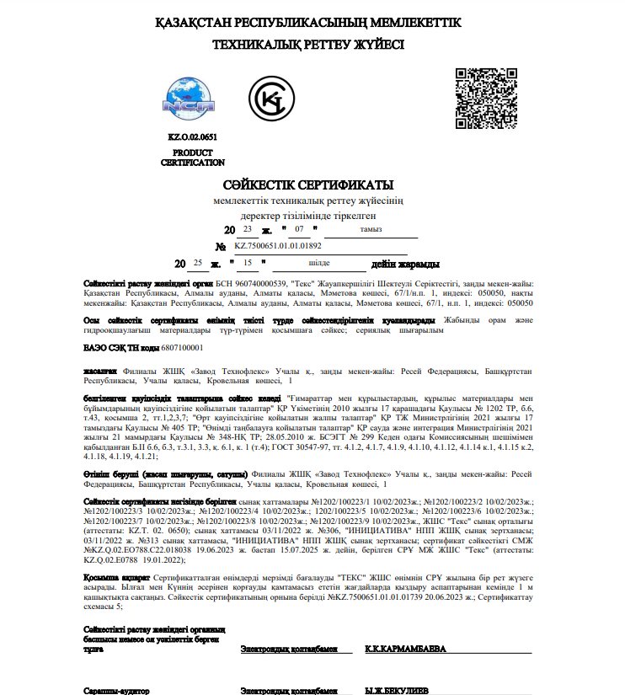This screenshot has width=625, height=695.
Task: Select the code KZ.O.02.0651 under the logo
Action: [x=192, y=136]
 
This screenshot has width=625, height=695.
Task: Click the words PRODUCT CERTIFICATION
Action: [x=193, y=158]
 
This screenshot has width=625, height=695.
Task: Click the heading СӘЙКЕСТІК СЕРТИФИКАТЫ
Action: [x=308, y=184]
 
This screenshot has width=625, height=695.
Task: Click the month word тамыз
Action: [x=371, y=229]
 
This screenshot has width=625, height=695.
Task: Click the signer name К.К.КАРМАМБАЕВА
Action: [x=403, y=650]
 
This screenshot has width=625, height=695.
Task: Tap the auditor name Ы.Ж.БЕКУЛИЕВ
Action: [x=396, y=690]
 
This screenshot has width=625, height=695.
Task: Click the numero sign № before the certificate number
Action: [x=221, y=247]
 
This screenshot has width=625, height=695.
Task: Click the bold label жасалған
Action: [x=99, y=370]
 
